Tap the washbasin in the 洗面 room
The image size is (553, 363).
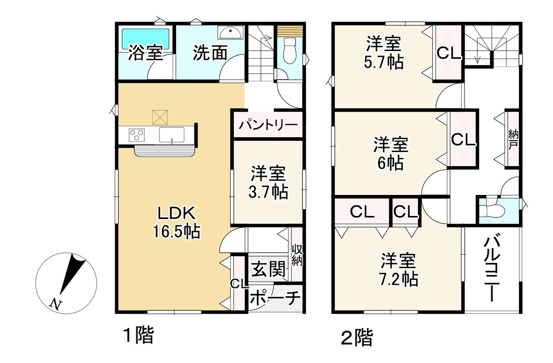[230, 32]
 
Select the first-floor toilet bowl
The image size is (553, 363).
[289, 51]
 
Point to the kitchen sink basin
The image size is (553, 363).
[171, 135]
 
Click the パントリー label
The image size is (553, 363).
[268, 125]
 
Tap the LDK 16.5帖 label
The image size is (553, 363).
[176, 222]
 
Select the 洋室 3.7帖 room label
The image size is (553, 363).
[268, 182]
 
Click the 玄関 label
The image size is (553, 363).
[268, 269]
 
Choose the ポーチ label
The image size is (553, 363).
[275, 298]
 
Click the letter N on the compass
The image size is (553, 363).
[56, 304]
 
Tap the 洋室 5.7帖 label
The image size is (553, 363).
[383, 52]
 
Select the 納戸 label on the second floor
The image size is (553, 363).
[513, 140]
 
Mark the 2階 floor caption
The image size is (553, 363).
[357, 338]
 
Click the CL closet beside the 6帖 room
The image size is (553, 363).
[463, 140]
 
